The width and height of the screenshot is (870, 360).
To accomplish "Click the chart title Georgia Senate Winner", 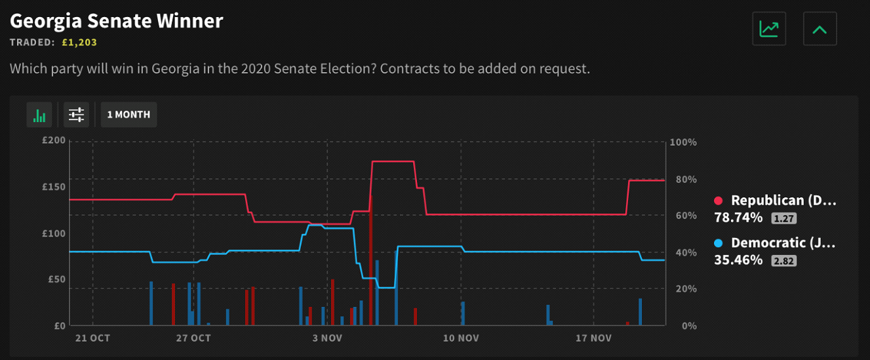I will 117,21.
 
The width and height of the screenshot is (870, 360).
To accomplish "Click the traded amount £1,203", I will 79,43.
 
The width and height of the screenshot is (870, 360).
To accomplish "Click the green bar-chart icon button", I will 39,115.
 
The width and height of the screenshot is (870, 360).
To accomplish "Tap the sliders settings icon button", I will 77,115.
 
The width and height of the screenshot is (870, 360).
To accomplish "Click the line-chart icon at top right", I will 769,30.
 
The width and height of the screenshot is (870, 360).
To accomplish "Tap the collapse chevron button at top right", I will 820,30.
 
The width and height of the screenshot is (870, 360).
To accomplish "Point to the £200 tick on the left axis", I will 54,140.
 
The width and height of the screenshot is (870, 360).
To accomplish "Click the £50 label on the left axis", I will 56,279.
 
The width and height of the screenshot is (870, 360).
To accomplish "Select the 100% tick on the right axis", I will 684,142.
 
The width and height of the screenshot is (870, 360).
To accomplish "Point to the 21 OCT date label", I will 92,338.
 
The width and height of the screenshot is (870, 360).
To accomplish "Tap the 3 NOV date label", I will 327,338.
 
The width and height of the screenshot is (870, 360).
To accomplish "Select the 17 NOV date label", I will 593,338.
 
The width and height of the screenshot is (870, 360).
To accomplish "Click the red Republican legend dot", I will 718,201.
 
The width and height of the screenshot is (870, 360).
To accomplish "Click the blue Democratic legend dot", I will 718,243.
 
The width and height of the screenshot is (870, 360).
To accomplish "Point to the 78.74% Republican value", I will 738,218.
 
